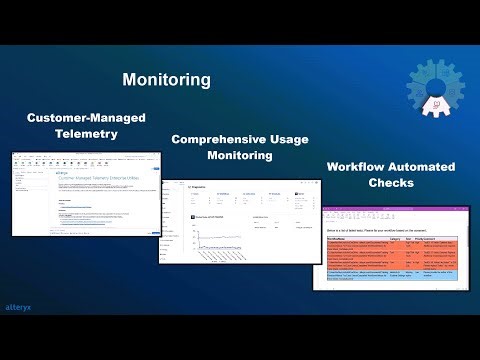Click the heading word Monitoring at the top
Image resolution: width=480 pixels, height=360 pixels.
coord(167,79)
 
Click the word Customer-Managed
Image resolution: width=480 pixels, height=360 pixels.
coord(85,118)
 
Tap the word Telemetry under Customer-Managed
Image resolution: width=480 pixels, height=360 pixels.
coord(85,133)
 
